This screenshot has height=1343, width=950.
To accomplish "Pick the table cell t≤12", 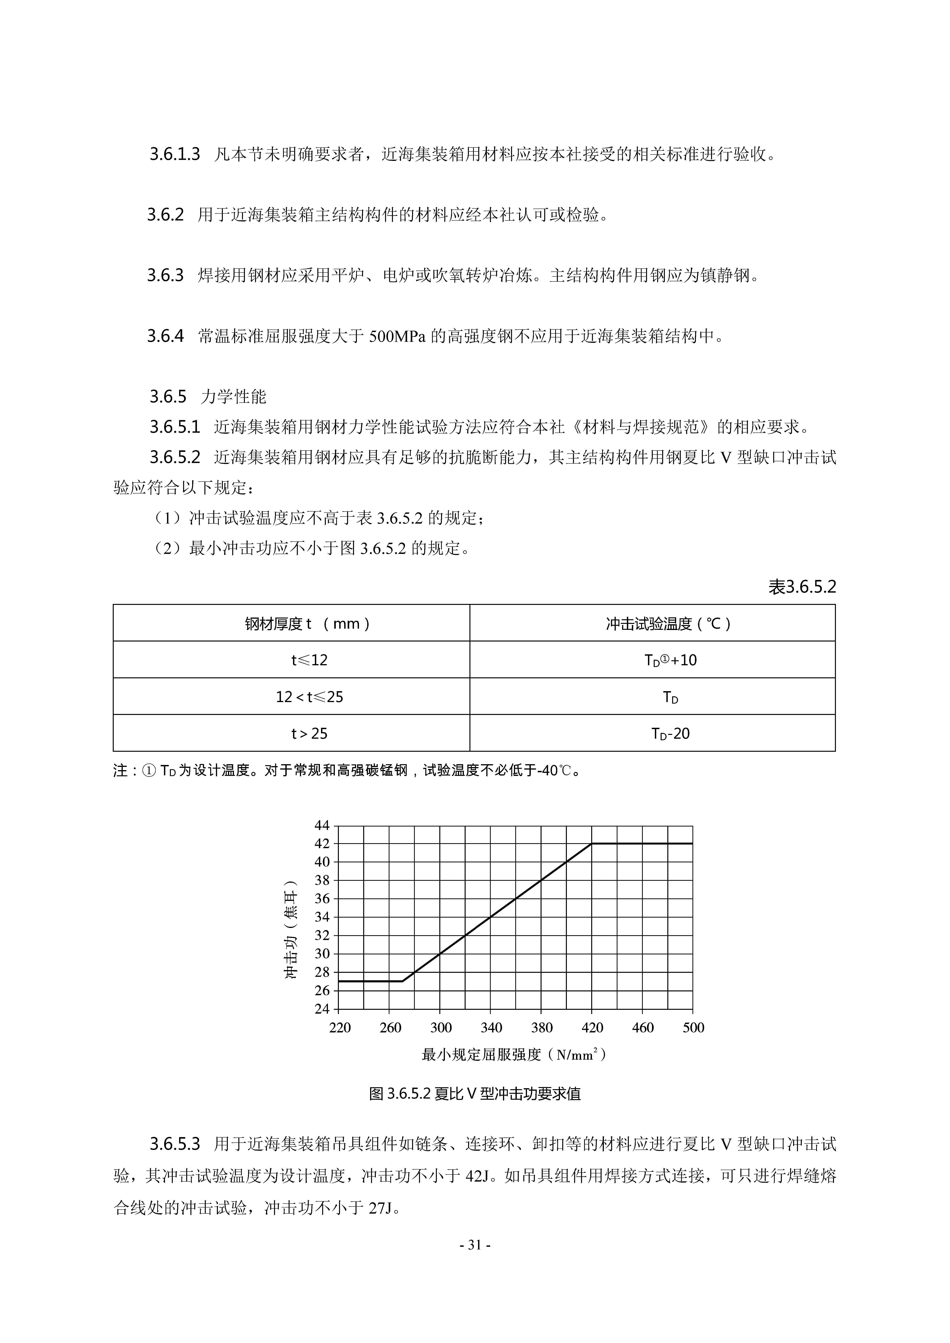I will tap(310, 660).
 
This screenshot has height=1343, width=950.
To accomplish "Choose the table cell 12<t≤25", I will tap(310, 697).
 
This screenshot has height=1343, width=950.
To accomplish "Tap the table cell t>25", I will tap(310, 734).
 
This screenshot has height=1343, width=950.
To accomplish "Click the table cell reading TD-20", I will tap(670, 734).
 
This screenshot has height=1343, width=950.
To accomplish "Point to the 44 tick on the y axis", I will tap(322, 825).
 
